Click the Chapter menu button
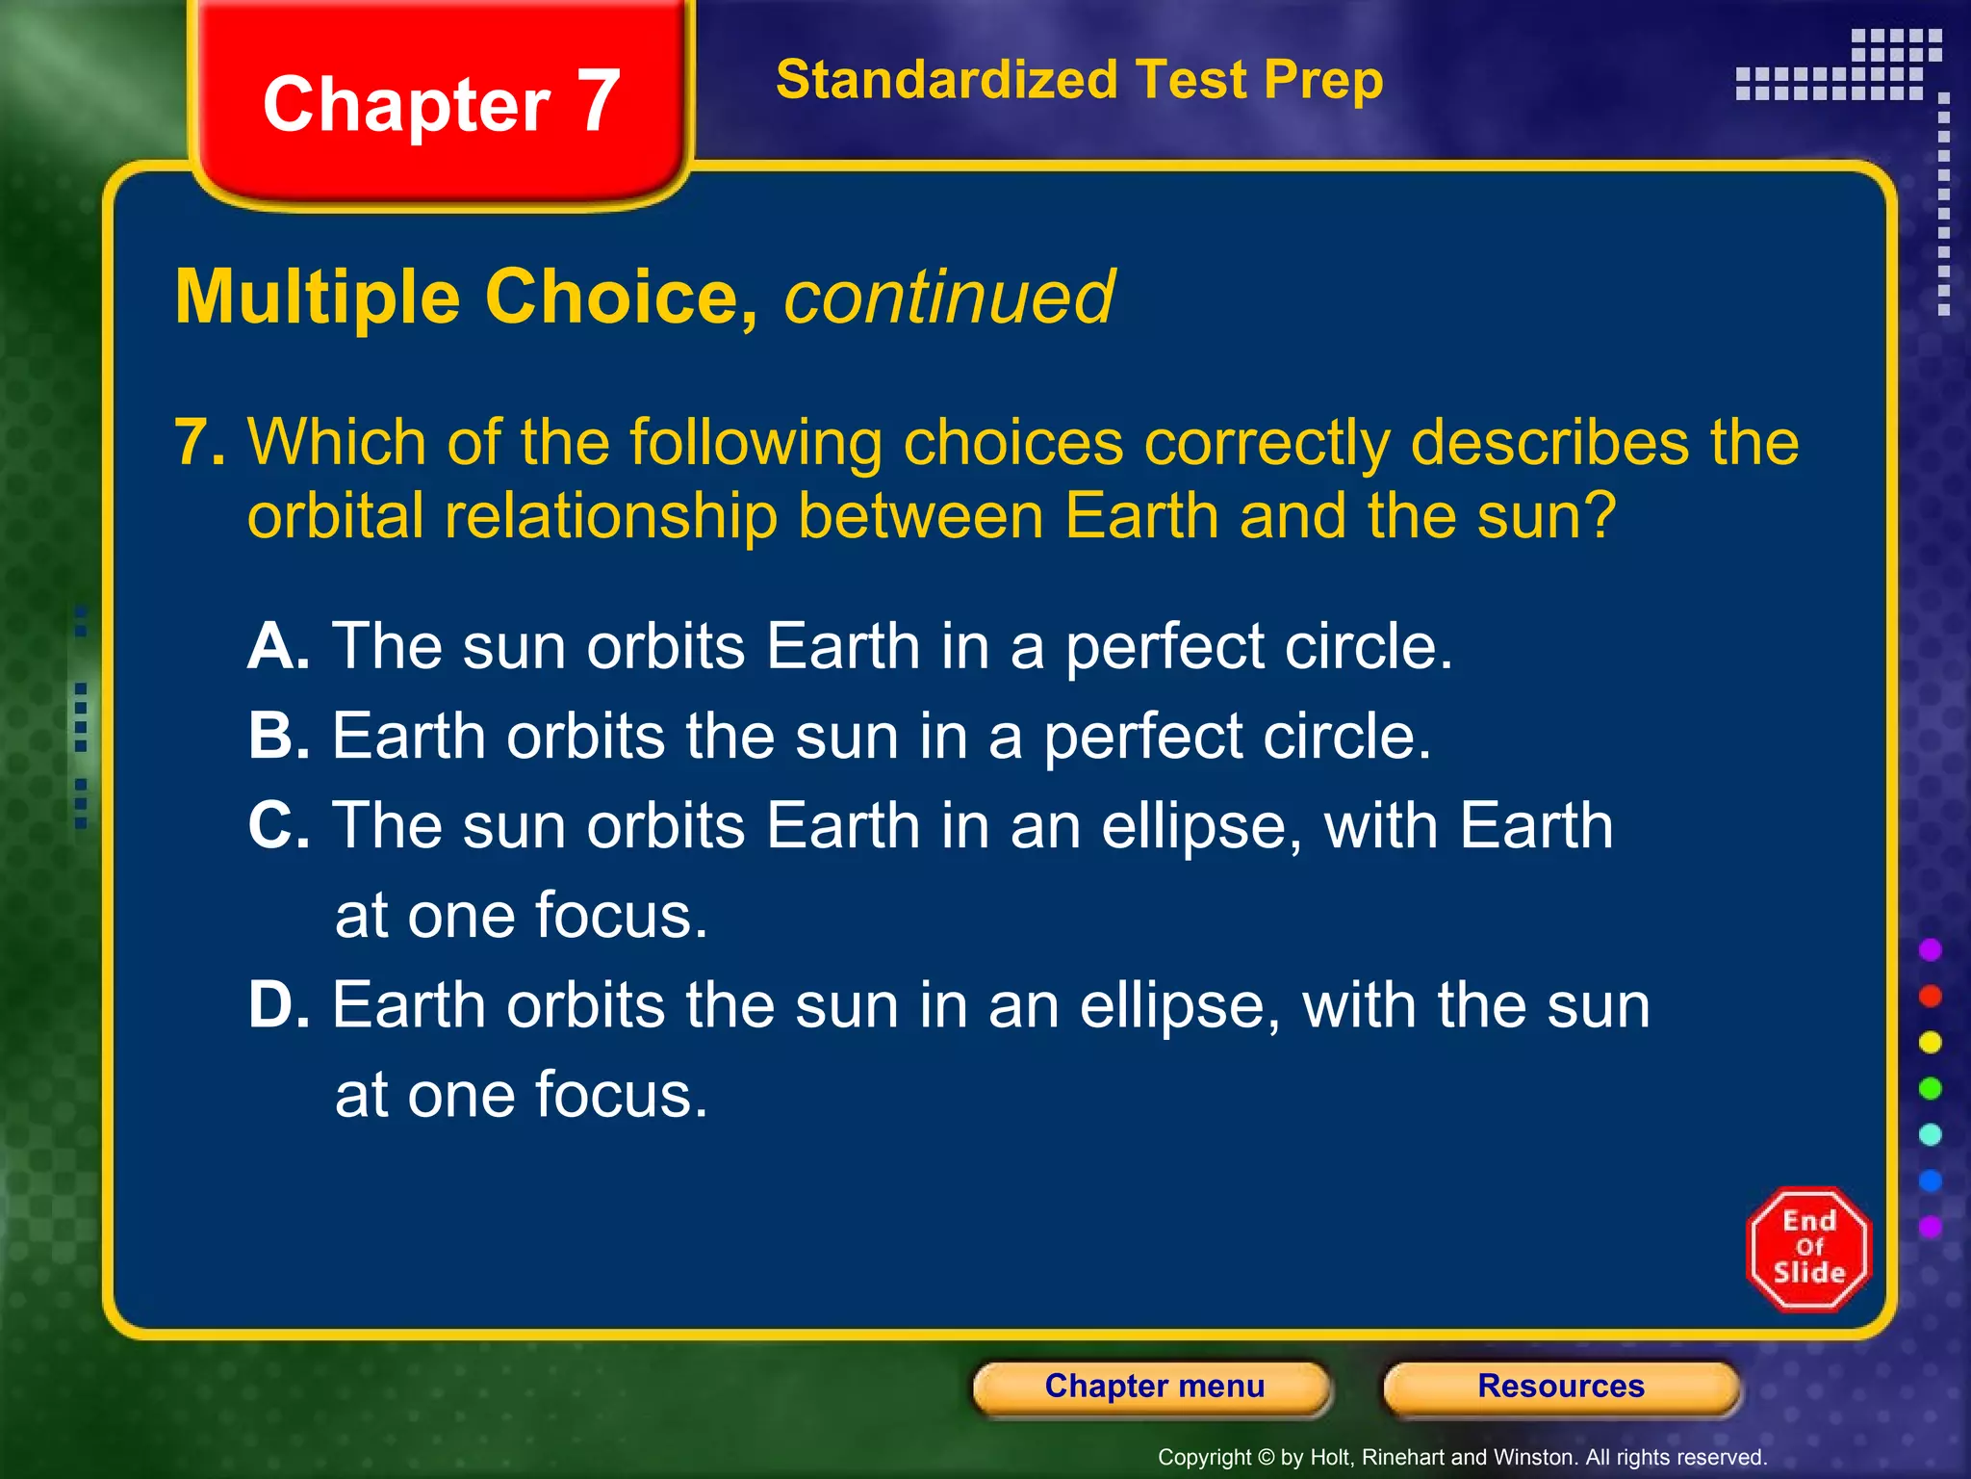click(x=1153, y=1387)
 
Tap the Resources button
click(x=1560, y=1387)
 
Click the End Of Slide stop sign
click(x=1808, y=1249)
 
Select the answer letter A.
click(x=276, y=646)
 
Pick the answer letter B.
click(x=276, y=737)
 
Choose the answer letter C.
click(x=277, y=826)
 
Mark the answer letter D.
click(x=277, y=1006)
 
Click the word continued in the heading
click(x=949, y=298)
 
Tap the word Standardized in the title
click(x=946, y=80)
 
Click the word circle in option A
click(x=1359, y=646)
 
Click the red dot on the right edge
click(x=1930, y=997)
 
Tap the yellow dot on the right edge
click(x=1930, y=1043)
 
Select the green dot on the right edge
click(x=1930, y=1089)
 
